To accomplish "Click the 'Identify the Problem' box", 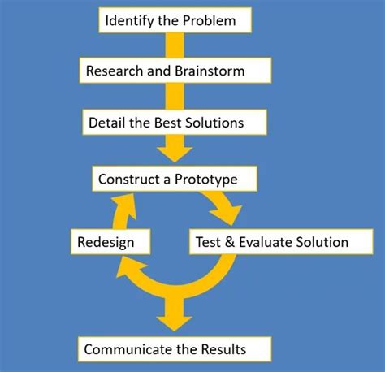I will click(171, 20).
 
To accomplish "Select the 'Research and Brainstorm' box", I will click(175, 71).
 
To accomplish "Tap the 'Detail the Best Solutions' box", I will click(175, 123).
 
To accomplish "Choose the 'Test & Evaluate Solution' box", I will click(271, 241).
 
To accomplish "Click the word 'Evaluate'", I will click(264, 241).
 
